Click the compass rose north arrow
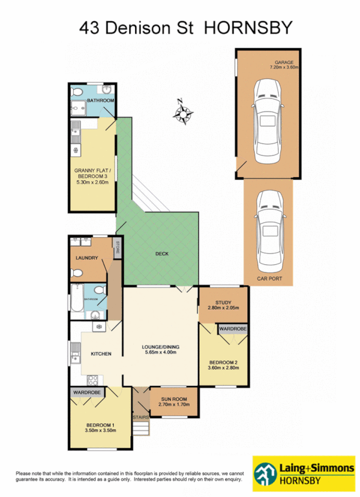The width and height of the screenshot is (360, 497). click(183, 112)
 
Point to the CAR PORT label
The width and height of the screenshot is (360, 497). click(269, 279)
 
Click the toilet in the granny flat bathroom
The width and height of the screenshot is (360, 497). click(80, 92)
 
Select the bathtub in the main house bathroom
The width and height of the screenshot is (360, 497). click(74, 302)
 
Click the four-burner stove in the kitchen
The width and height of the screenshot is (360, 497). click(93, 380)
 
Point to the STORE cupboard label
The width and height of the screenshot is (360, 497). click(117, 248)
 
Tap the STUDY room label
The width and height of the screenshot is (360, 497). click(223, 303)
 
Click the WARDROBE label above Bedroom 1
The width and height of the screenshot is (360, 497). click(86, 393)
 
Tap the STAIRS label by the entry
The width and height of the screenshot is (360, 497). click(140, 418)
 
